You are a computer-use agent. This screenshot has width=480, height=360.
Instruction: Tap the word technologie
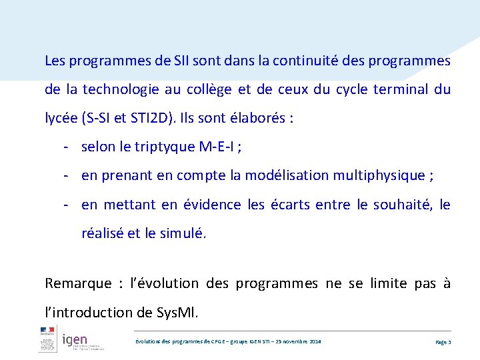point(119,90)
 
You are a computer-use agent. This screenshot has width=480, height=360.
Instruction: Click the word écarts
point(290,205)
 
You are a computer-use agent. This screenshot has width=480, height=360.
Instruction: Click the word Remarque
point(78,283)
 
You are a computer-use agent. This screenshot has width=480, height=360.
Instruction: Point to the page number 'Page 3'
point(443,342)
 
